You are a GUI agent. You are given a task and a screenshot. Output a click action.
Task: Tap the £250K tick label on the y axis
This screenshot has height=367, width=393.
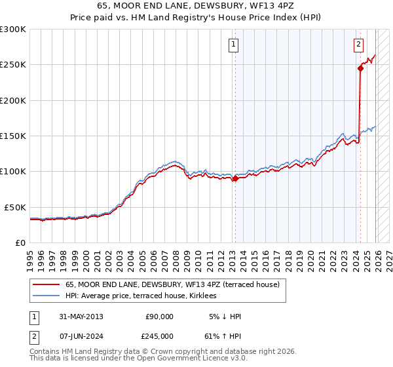point(13,65)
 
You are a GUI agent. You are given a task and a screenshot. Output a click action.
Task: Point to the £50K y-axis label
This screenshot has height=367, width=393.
point(15,207)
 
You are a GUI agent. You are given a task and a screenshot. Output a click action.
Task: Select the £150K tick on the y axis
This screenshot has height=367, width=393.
point(13,136)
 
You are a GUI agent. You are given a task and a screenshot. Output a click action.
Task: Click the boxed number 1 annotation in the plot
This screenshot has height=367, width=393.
point(234,45)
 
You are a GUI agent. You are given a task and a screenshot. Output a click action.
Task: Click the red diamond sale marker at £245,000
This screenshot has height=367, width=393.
point(360,68)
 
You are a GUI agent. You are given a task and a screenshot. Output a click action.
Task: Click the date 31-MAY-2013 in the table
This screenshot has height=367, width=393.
point(81,317)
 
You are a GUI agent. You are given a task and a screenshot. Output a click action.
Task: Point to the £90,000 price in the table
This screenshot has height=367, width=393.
point(159,317)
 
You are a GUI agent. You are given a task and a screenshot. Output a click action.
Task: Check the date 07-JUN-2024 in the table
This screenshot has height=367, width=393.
point(81,336)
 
